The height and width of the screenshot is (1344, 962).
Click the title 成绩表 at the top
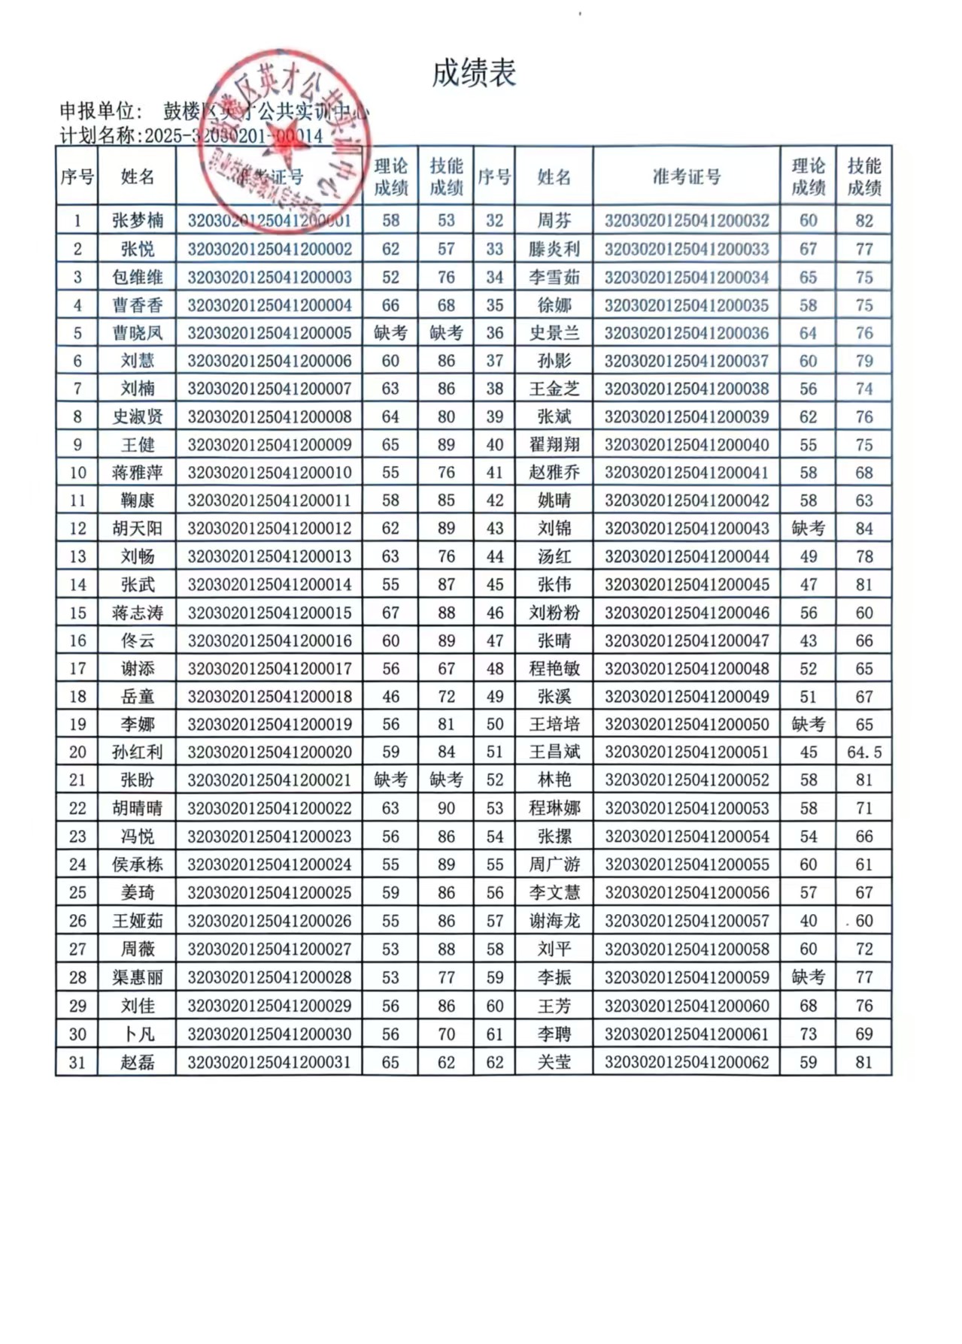(474, 73)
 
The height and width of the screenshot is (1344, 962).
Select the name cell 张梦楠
(138, 220)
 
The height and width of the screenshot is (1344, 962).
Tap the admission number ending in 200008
(269, 416)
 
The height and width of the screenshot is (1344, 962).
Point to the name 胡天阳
(138, 528)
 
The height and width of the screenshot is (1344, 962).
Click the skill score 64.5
(863, 752)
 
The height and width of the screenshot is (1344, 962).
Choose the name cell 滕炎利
(554, 249)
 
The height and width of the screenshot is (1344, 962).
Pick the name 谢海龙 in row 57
(554, 921)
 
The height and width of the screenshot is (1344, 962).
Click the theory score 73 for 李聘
(808, 1034)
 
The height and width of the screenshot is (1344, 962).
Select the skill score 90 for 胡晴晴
(446, 808)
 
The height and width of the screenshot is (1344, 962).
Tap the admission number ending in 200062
(686, 1062)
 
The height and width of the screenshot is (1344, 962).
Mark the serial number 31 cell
(77, 1062)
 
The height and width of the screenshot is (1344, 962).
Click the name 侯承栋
(138, 864)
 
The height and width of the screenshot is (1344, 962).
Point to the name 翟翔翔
(554, 444)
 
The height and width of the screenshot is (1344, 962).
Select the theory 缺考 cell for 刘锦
(808, 528)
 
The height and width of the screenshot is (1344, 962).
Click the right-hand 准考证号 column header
(686, 177)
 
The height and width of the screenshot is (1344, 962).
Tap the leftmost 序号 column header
(77, 177)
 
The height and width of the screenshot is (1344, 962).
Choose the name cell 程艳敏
(554, 668)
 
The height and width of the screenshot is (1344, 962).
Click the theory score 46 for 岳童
(390, 697)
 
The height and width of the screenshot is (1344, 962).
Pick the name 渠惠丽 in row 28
(138, 977)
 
